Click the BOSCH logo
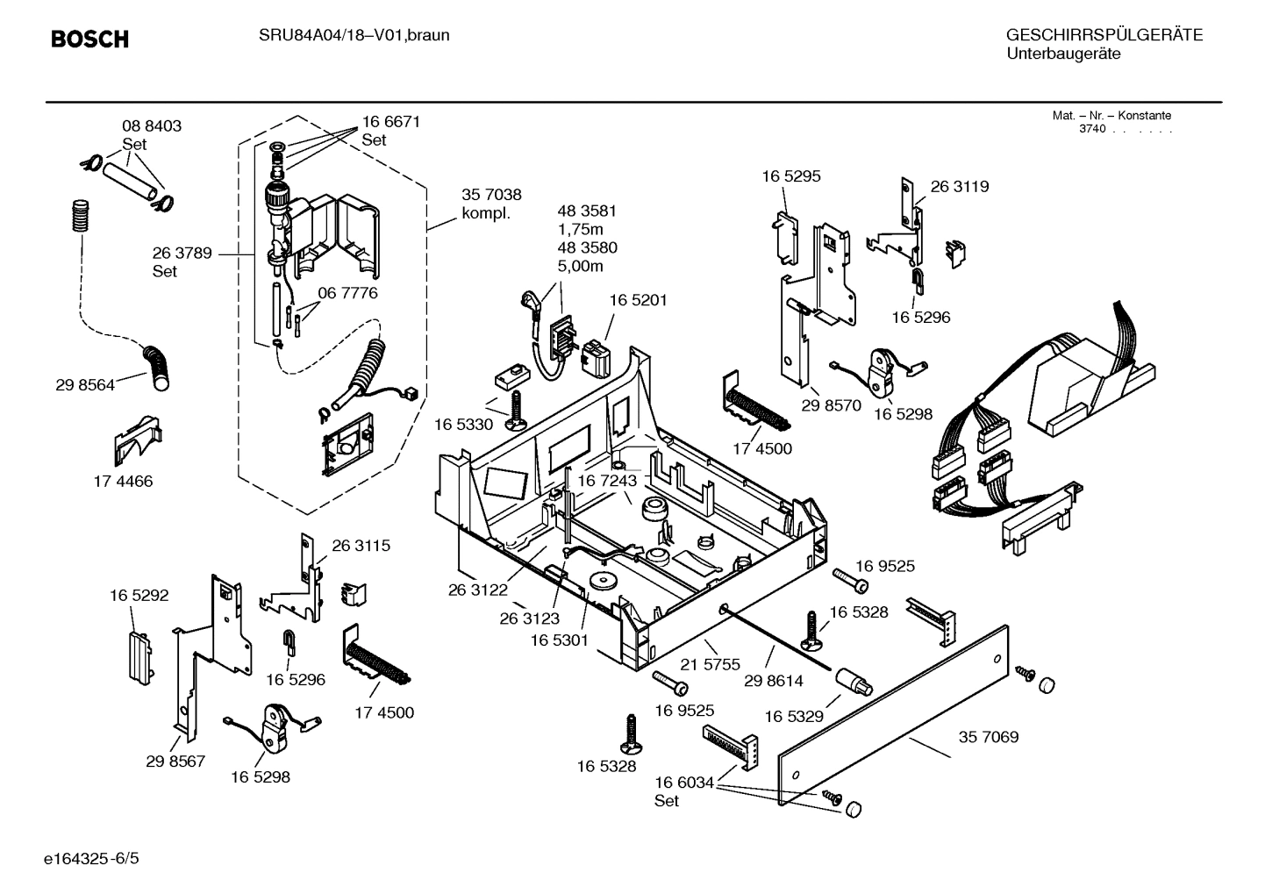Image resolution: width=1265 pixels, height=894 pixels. pyautogui.click(x=89, y=39)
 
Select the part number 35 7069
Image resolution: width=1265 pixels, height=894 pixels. pyautogui.click(x=989, y=737)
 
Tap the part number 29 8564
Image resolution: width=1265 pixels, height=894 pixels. pyautogui.click(x=84, y=385)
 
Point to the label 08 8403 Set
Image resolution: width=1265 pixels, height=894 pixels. pyautogui.click(x=151, y=134)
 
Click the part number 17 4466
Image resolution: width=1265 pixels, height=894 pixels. pyautogui.click(x=123, y=482)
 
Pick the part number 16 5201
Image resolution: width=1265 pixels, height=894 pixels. pyautogui.click(x=638, y=300)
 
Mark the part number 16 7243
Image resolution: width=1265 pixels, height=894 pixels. pyautogui.click(x=607, y=481)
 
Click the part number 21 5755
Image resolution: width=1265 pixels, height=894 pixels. pyautogui.click(x=711, y=665)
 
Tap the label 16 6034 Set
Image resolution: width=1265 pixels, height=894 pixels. pyautogui.click(x=684, y=790)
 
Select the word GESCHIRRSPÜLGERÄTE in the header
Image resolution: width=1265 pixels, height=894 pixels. pyautogui.click(x=1104, y=35)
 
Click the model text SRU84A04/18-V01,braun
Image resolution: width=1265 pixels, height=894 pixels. pyautogui.click(x=354, y=35)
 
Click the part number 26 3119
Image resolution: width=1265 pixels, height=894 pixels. pyautogui.click(x=959, y=187)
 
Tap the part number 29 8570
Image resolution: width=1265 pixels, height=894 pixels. pyautogui.click(x=831, y=406)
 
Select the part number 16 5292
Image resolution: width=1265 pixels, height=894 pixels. pyautogui.click(x=139, y=596)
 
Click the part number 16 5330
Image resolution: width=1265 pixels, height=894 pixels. pyautogui.click(x=463, y=425)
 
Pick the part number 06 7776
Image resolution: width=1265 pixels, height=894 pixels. pyautogui.click(x=347, y=293)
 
